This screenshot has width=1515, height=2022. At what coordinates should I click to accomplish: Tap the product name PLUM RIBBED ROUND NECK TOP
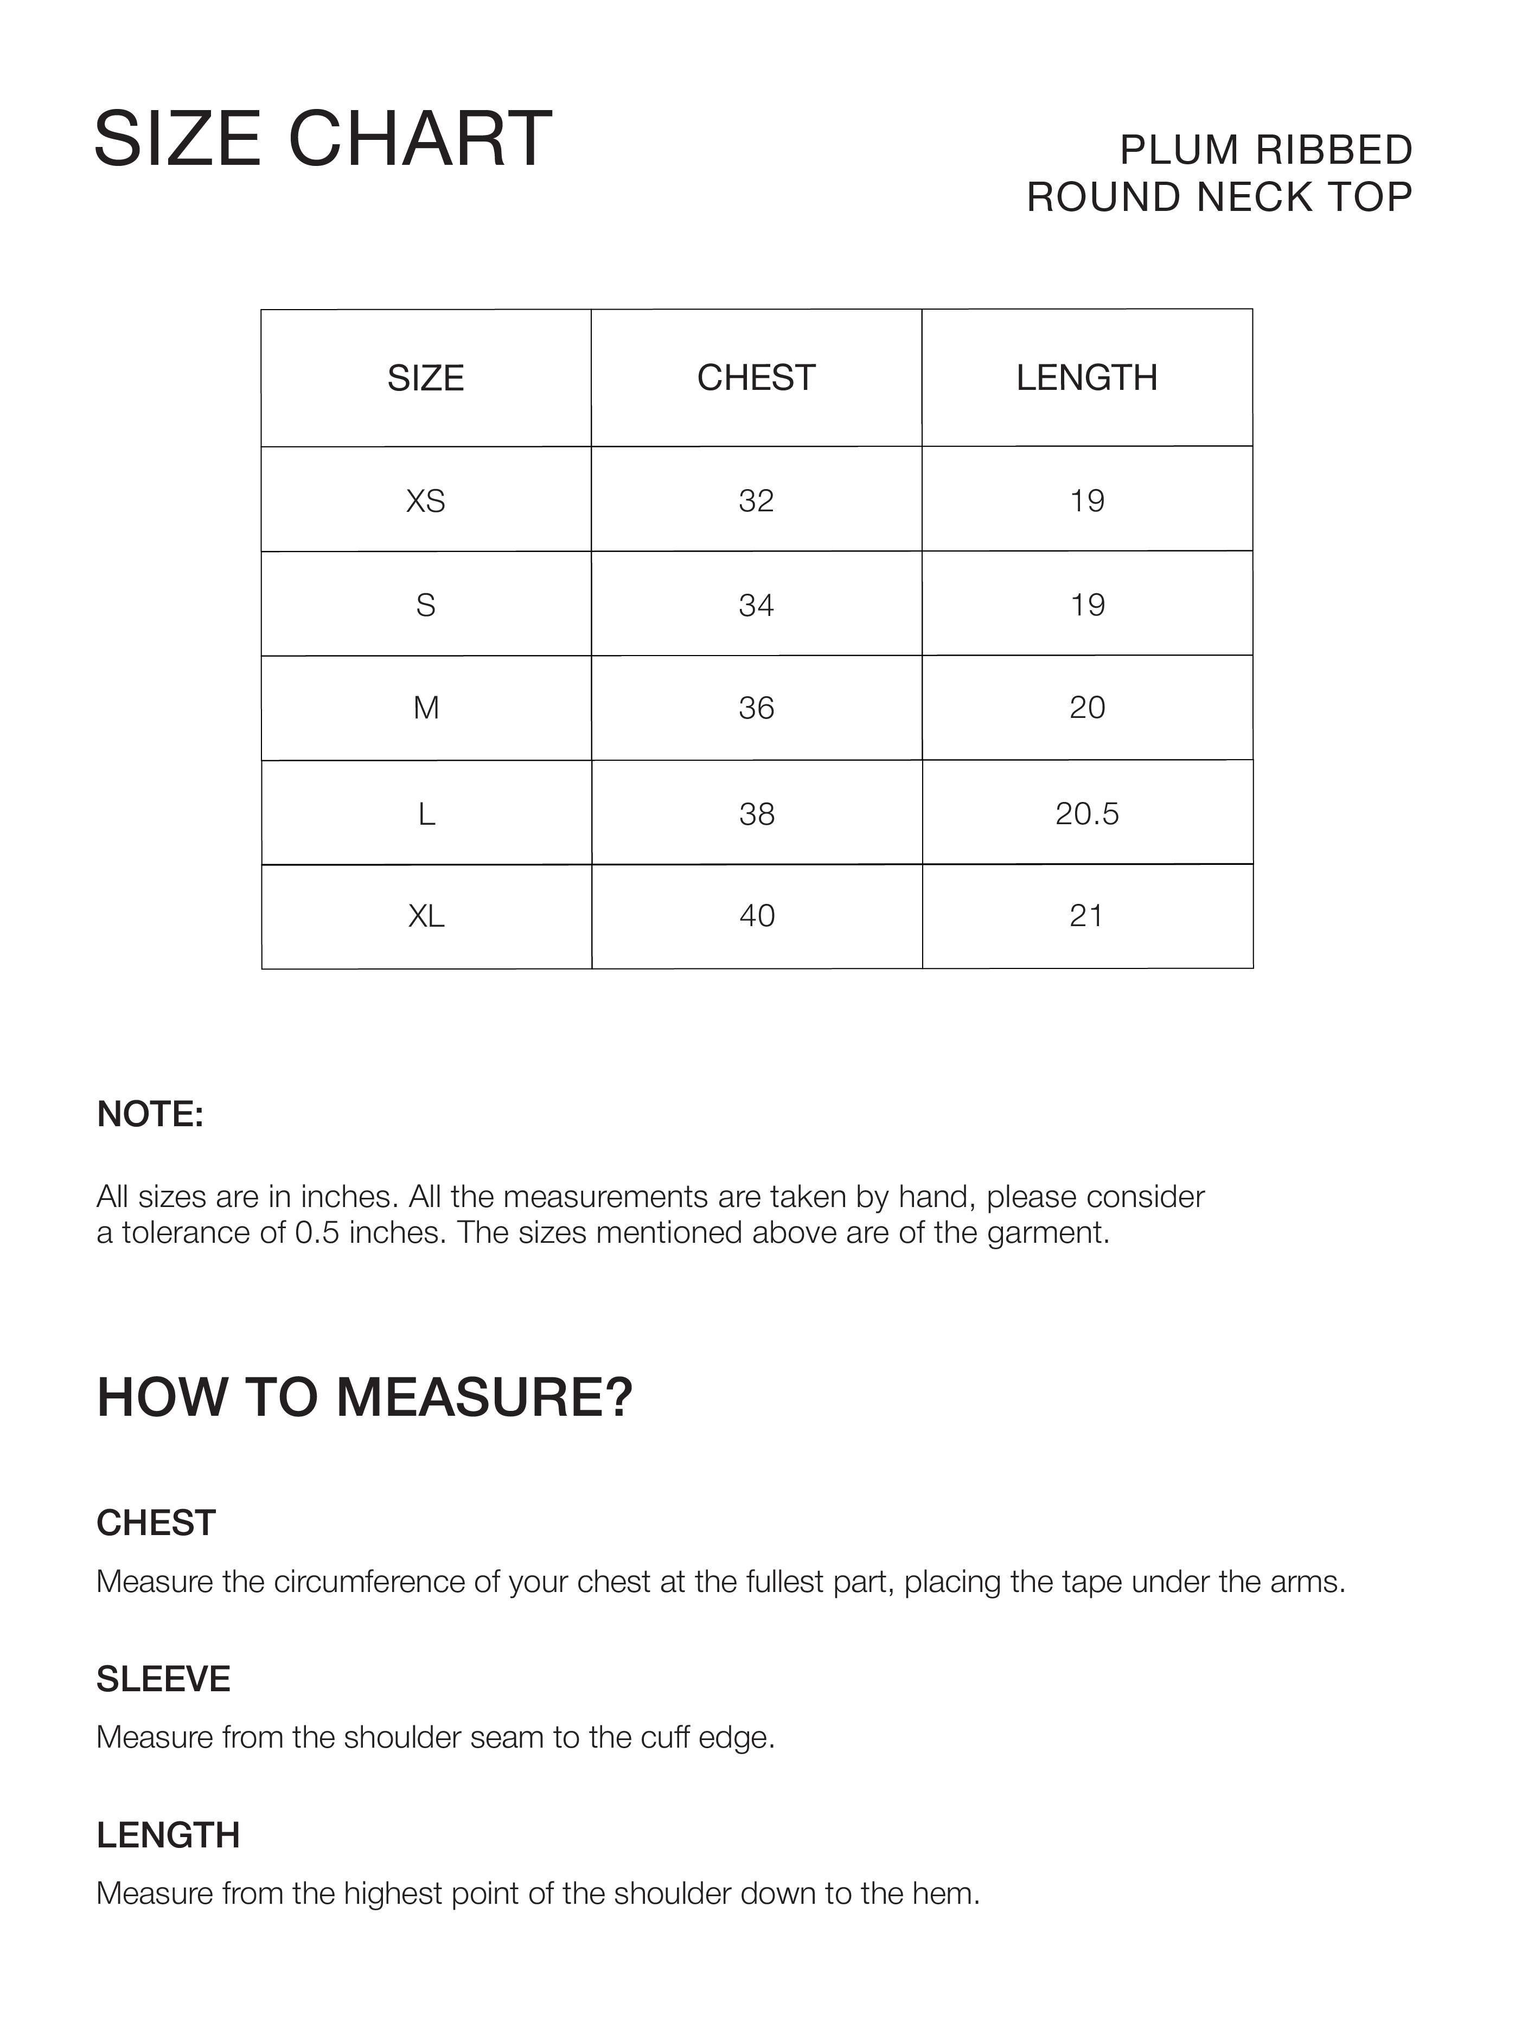(1220, 174)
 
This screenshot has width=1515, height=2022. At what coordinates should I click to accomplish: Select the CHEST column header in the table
(756, 377)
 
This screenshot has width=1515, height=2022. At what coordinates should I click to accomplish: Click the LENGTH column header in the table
(1086, 377)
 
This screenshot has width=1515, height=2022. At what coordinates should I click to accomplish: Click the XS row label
(425, 501)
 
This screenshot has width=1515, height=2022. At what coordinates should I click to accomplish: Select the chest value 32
(756, 501)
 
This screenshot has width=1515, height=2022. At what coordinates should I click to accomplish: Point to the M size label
(426, 708)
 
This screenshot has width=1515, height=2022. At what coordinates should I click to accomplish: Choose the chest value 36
(756, 708)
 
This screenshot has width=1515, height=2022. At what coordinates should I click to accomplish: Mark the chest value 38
(756, 813)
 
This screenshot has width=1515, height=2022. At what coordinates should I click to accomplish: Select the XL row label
(426, 916)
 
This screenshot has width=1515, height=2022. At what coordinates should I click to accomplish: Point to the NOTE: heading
(150, 1114)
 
